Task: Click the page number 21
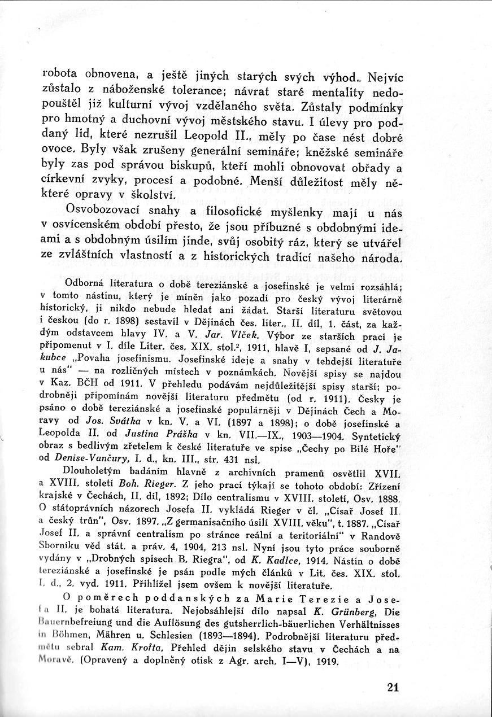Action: pyautogui.click(x=394, y=687)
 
